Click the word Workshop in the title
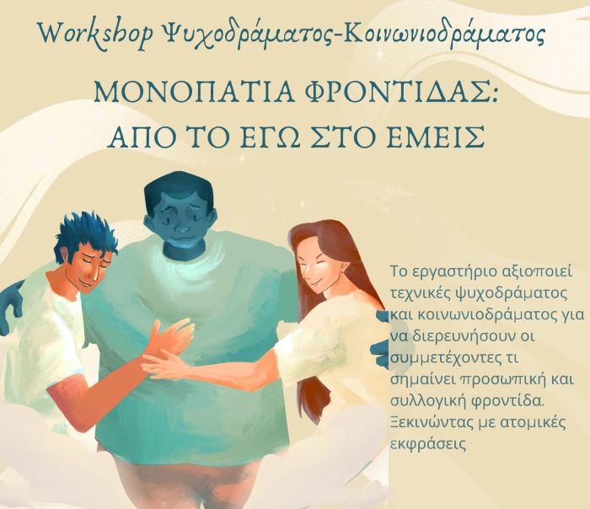pos(95,34)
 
